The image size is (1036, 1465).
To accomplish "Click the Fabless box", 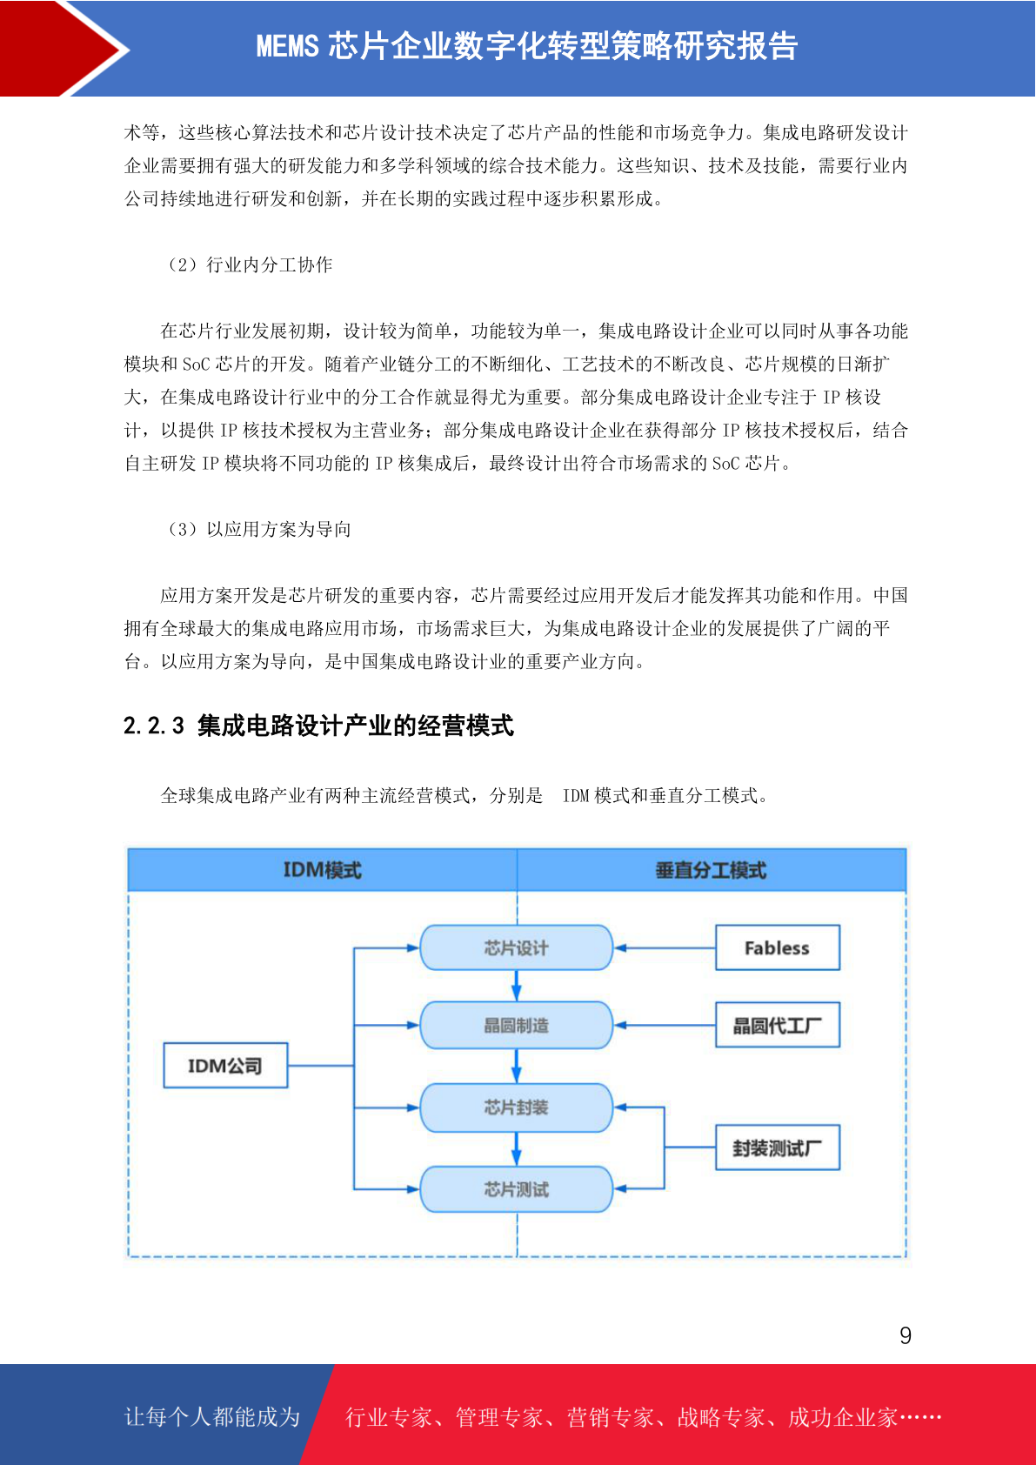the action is (x=777, y=947).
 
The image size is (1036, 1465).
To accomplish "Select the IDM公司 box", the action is (x=225, y=1066).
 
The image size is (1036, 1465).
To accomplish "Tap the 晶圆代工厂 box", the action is (x=777, y=1025).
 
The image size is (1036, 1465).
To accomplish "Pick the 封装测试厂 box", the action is (x=777, y=1147).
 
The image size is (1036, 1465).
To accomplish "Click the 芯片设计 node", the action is (x=516, y=947).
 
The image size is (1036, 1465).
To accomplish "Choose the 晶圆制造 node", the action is (x=516, y=1025).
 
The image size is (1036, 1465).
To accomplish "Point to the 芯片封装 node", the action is (x=516, y=1107).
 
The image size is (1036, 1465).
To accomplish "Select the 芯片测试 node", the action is (x=516, y=1189).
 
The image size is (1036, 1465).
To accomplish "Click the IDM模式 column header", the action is (x=323, y=870).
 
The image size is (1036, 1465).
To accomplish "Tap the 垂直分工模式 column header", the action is (x=712, y=870).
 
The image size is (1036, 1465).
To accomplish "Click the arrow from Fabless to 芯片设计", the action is (x=665, y=947).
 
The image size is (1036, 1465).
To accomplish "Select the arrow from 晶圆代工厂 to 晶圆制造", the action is (x=665, y=1026).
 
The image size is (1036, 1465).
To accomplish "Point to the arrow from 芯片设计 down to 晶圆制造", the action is (x=516, y=986).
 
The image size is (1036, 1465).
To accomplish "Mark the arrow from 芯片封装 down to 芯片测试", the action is (x=516, y=1148).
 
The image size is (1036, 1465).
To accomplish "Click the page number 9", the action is (x=906, y=1335).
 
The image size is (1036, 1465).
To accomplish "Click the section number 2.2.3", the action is (x=154, y=726).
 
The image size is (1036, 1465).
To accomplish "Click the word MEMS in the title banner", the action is (x=287, y=46).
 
